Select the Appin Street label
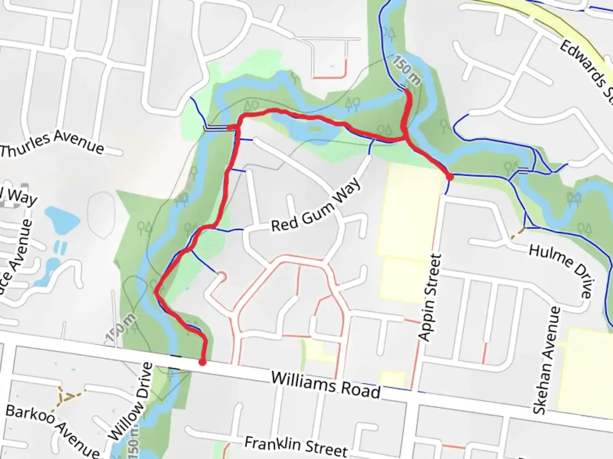[x=430, y=297]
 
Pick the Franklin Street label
[x=296, y=446]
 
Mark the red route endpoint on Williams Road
[x=203, y=362]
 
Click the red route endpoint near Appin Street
[x=450, y=177]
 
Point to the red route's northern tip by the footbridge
[x=407, y=91]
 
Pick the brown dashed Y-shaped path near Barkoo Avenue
[x=68, y=396]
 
